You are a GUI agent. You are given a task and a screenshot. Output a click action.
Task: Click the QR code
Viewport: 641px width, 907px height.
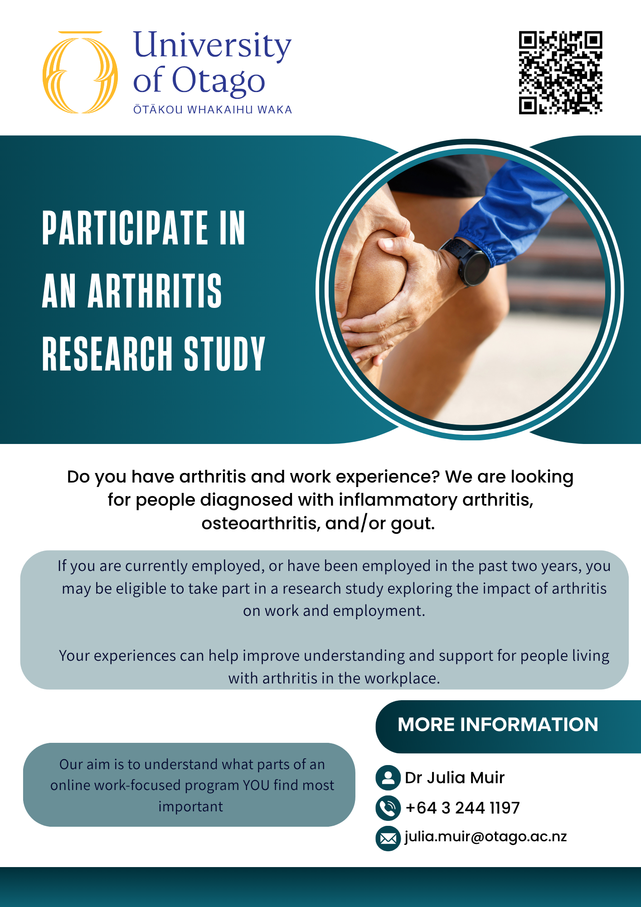point(560,73)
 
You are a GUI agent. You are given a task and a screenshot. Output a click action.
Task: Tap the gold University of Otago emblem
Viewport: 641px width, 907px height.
point(80,72)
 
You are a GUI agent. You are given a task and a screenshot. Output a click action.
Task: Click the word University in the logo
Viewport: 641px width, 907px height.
point(212,45)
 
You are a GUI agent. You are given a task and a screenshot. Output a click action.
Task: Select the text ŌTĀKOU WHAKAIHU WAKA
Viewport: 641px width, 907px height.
point(213,110)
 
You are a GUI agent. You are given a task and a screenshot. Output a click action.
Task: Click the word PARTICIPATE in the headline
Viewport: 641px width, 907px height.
point(125,228)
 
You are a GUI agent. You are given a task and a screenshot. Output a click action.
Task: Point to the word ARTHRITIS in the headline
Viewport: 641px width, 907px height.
point(155,291)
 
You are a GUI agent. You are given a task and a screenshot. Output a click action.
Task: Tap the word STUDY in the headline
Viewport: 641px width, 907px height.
point(224,354)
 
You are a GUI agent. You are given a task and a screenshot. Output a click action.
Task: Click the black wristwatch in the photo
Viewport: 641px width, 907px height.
point(467,263)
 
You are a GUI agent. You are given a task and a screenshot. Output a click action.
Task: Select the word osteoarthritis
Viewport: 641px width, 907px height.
point(261,523)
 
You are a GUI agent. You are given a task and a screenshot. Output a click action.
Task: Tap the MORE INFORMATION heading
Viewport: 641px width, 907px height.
point(498,725)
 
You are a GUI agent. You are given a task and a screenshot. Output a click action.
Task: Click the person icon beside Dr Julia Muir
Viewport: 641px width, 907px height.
point(388,777)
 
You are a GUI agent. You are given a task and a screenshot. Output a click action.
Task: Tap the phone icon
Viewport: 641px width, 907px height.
point(388,808)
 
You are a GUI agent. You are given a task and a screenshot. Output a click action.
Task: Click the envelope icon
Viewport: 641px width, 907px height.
point(388,839)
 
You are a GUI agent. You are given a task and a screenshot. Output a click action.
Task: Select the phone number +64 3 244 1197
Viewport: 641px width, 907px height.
point(462,808)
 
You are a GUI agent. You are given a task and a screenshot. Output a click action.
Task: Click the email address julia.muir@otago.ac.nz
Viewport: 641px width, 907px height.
point(486,837)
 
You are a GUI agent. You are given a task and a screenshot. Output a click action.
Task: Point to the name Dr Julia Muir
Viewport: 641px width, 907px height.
point(455,778)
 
